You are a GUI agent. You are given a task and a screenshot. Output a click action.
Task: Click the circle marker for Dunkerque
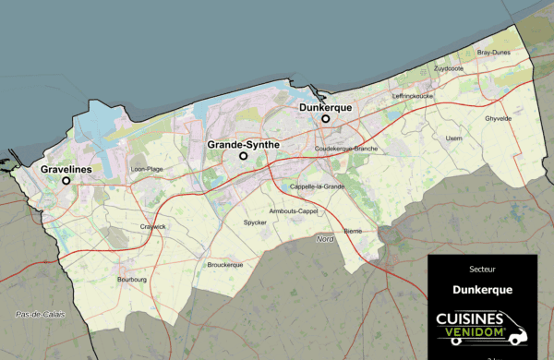325,119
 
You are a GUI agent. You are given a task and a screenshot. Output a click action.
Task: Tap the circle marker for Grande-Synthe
244,156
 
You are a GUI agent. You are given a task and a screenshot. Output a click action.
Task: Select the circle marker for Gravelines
66,181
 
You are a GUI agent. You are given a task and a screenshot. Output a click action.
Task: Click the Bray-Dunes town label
494,54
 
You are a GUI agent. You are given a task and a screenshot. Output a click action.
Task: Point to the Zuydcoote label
449,68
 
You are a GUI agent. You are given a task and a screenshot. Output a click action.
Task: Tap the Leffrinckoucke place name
413,95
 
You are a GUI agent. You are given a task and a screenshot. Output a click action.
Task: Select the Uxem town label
453,138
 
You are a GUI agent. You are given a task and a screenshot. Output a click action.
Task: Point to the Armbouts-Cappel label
293,210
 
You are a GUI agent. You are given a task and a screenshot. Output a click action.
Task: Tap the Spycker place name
255,222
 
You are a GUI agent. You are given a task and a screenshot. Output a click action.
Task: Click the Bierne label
353,230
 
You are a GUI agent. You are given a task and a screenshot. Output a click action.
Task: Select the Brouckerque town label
224,264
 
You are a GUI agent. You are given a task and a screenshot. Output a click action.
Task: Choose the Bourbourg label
133,278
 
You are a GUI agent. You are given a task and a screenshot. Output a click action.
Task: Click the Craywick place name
153,226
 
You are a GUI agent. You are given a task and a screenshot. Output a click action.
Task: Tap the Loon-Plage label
148,169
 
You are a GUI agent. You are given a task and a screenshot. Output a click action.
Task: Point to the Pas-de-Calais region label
41,315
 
